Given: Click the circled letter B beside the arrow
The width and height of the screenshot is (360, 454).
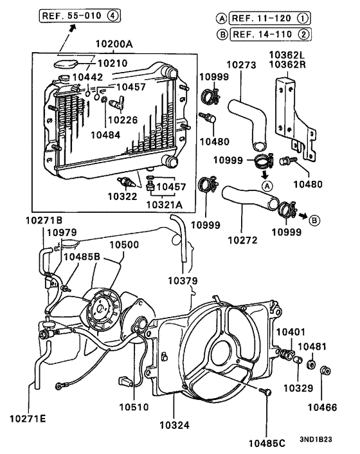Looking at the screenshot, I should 315,219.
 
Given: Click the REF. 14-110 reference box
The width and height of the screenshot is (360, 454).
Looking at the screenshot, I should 262,34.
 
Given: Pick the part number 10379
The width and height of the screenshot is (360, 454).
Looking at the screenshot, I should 183,280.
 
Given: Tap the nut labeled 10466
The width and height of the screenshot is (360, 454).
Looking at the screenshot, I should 325,370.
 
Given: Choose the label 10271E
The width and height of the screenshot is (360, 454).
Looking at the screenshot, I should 27,419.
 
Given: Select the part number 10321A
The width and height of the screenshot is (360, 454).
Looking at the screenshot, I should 163,204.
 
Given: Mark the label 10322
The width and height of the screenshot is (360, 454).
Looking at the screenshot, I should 122,195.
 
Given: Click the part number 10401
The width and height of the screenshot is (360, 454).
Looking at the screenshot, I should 291,331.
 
